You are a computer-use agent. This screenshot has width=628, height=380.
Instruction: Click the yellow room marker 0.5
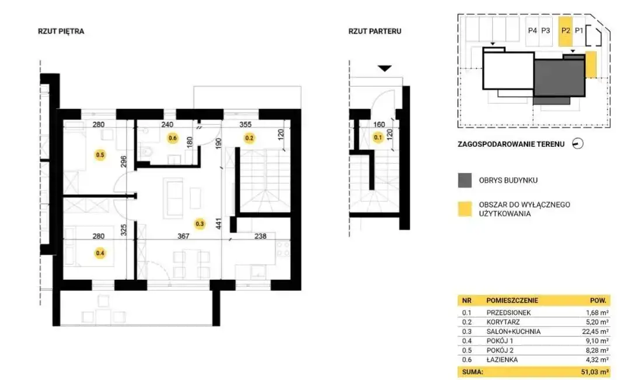click(x=100, y=154)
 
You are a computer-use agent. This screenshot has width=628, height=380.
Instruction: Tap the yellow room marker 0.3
click(x=199, y=224)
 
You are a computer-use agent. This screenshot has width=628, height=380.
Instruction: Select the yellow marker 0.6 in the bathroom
click(x=173, y=138)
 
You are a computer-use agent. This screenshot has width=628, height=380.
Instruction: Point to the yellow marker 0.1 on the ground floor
click(x=378, y=138)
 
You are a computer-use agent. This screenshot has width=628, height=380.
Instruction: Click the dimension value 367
click(x=184, y=236)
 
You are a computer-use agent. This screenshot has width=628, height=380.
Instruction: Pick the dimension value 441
click(x=218, y=223)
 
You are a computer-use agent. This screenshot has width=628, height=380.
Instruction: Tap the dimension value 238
click(x=260, y=236)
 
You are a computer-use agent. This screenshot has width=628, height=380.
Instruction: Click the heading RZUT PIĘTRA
click(x=61, y=31)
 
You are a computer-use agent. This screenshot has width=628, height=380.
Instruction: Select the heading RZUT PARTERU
click(x=375, y=31)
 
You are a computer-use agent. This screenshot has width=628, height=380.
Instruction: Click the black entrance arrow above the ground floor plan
click(x=385, y=68)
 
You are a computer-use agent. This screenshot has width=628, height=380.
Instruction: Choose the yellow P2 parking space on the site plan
click(x=566, y=31)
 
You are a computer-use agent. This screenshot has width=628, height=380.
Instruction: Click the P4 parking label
click(x=532, y=30)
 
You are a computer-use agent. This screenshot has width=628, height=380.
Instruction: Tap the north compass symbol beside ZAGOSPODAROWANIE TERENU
click(x=577, y=144)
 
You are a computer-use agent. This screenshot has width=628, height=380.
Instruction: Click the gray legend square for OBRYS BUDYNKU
click(x=465, y=180)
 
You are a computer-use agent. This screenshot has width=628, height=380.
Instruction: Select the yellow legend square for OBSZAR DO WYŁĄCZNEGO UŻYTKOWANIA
click(x=465, y=209)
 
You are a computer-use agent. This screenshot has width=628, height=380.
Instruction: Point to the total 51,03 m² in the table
click(x=595, y=372)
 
